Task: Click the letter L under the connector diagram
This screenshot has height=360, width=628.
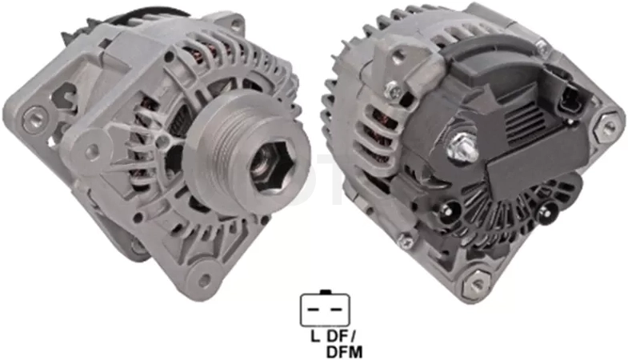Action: (x=316, y=336)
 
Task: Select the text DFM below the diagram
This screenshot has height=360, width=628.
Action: (x=345, y=352)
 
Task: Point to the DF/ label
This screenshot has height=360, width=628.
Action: (x=342, y=336)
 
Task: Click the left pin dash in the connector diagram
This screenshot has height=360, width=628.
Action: (x=314, y=310)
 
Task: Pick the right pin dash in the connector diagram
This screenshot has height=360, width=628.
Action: (x=336, y=310)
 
